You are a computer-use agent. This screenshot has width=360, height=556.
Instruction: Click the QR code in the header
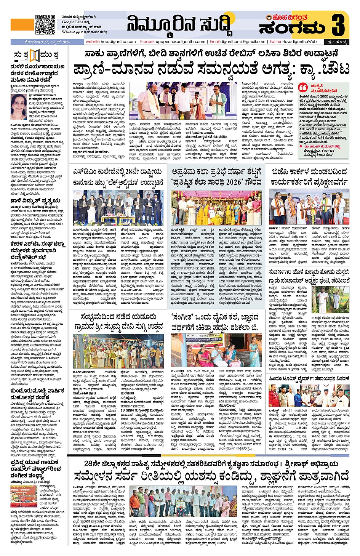coord(45,24)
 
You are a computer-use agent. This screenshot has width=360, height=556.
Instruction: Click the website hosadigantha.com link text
coord(110,42)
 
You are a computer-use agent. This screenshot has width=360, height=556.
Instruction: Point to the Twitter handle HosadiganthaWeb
coord(294,42)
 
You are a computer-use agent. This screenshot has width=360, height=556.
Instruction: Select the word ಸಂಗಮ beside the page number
coord(293,28)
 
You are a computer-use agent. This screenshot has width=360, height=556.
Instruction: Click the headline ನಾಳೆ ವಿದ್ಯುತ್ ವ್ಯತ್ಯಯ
coord(35,200)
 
